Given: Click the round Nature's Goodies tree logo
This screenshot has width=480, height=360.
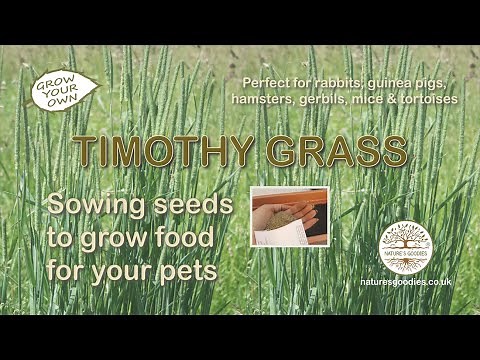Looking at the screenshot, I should pyautogui.click(x=407, y=247).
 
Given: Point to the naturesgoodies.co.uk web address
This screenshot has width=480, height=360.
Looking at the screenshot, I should pyautogui.click(x=407, y=283).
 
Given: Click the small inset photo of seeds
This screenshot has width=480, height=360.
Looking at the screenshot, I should pyautogui.click(x=288, y=215).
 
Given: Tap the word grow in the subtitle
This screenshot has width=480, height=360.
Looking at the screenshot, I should pyautogui.click(x=128, y=239).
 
